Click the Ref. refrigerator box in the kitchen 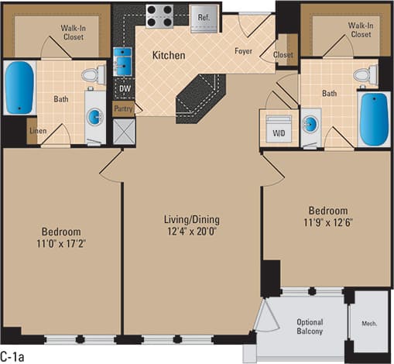pos(205,16)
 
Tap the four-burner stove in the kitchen pos(159,16)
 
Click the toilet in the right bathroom pos(364,74)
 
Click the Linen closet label pos(38,130)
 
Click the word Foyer pos(247,52)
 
